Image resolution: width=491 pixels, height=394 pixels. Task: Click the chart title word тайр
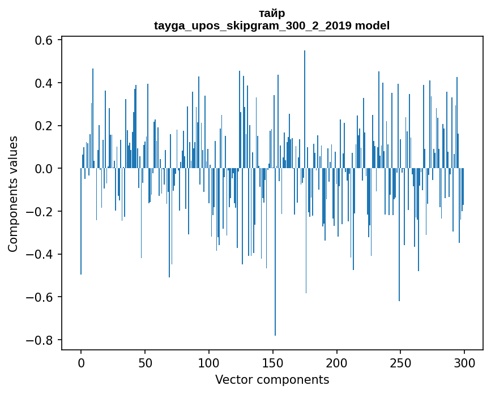(272, 13)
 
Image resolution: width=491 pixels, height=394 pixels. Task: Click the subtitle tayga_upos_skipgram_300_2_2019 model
(272, 25)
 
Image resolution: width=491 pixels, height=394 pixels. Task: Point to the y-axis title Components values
(13, 194)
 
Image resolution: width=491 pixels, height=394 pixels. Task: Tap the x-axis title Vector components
(272, 379)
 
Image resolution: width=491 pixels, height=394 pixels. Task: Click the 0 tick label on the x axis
(81, 362)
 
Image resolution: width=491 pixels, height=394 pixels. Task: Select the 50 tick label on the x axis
(145, 362)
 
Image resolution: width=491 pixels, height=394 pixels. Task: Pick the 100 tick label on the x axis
(209, 362)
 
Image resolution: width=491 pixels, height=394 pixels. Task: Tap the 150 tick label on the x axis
(273, 362)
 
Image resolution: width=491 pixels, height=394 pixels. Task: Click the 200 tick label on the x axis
(337, 362)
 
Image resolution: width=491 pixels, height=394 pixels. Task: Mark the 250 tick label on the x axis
(401, 362)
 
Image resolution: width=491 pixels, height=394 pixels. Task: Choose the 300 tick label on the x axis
(465, 362)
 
